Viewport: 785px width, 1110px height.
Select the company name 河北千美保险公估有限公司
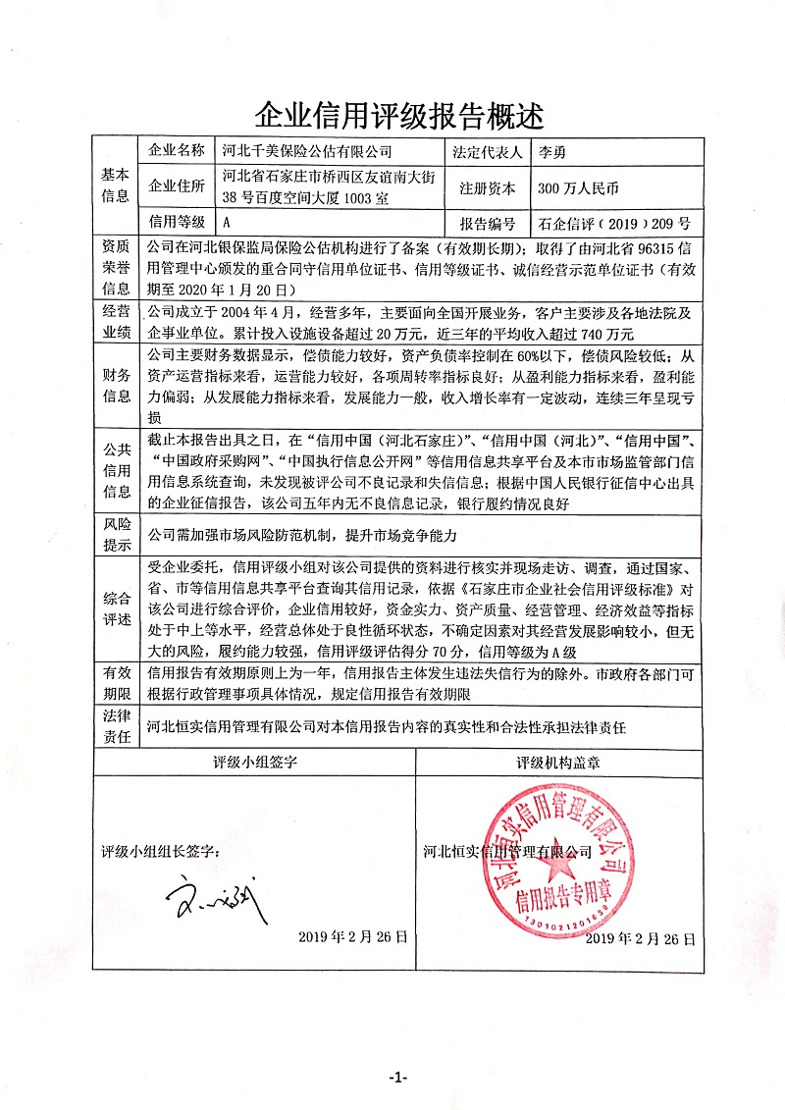[307, 151]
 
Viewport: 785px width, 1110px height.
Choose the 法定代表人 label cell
[488, 151]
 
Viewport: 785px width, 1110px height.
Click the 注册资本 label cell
[488, 185]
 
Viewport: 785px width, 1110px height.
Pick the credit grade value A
[228, 223]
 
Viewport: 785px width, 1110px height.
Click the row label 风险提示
[116, 535]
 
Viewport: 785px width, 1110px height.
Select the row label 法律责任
[116, 727]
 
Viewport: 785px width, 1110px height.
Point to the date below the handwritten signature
[352, 937]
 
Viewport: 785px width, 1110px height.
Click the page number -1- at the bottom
[397, 1078]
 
